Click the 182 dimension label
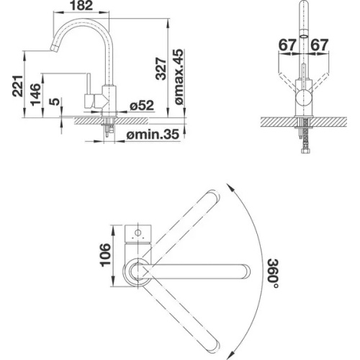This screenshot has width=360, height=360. (x=81, y=6)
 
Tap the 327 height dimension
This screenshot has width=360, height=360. (x=161, y=68)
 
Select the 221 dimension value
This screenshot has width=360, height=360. (x=18, y=86)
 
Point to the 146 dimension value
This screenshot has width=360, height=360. (x=36, y=94)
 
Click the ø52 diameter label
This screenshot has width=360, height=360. (x=142, y=105)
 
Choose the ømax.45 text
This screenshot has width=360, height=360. (x=179, y=77)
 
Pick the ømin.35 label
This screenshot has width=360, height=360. (x=153, y=134)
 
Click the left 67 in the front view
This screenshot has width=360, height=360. (x=287, y=45)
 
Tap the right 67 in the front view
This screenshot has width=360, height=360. (x=320, y=45)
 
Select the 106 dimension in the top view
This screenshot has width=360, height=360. (x=105, y=255)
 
